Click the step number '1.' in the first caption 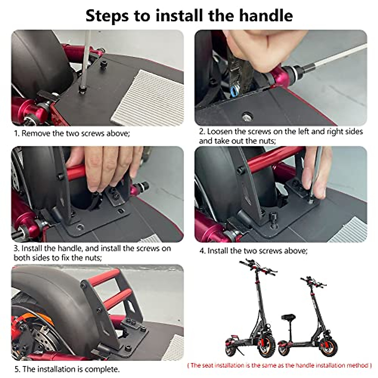17,133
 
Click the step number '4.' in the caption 203,251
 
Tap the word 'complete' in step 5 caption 102,369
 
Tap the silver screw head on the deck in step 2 246,117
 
